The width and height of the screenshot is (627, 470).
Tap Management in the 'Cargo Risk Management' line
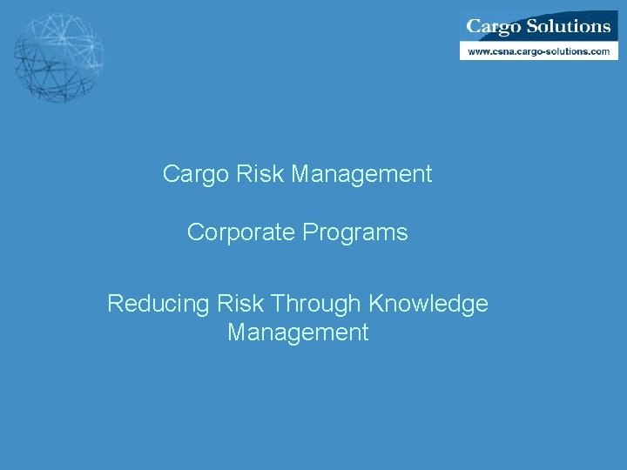[x=361, y=174]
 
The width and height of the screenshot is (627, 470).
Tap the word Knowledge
[x=428, y=304]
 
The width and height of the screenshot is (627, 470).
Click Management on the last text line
[x=298, y=332]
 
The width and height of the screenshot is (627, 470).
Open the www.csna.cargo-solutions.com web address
[x=538, y=51]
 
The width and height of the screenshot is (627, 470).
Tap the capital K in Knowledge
[x=375, y=304]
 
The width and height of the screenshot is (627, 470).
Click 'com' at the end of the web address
[x=600, y=51]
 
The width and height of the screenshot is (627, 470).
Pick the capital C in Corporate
[x=195, y=232]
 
